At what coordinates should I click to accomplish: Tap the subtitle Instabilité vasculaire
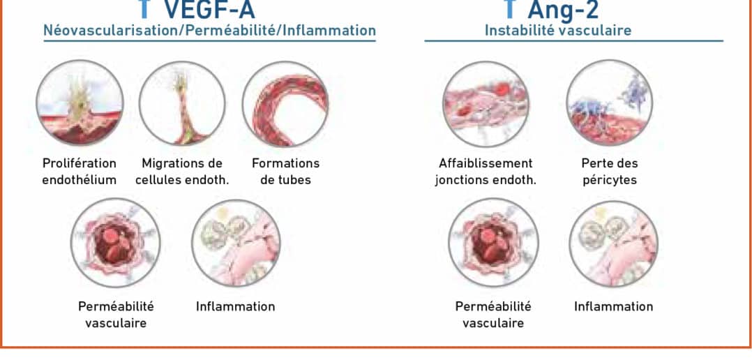(558, 31)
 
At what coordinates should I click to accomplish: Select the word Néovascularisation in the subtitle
(112, 30)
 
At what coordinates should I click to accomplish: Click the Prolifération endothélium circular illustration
(80, 103)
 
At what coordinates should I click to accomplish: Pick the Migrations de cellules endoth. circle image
(182, 103)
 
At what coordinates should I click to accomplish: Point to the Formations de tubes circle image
(286, 103)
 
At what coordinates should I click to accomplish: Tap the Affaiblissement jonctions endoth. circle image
(486, 103)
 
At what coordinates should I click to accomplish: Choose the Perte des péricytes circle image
(610, 103)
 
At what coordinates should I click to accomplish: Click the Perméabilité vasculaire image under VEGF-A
(116, 243)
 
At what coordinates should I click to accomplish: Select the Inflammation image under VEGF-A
(236, 243)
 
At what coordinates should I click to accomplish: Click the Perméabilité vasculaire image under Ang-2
(493, 243)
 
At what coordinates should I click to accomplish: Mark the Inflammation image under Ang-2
(614, 243)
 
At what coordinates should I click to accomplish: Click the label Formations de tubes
(286, 171)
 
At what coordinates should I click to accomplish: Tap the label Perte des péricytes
(610, 172)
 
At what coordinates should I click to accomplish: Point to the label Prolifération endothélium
(80, 172)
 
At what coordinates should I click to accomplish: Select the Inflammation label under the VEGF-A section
(236, 306)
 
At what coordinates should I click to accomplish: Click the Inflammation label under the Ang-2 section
(613, 306)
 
